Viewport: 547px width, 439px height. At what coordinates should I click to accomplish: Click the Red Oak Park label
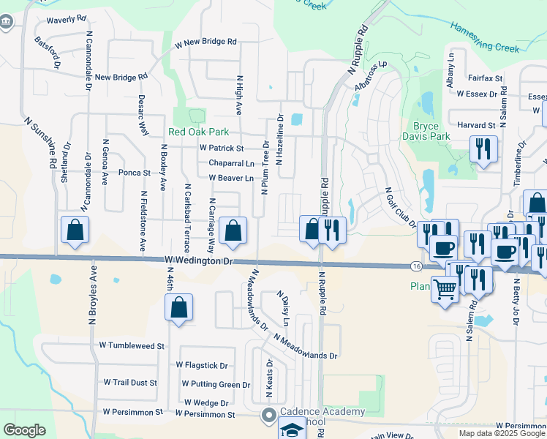click(199, 132)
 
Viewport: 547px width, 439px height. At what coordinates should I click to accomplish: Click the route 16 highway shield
click(415, 266)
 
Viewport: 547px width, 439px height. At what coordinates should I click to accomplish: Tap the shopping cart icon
click(445, 290)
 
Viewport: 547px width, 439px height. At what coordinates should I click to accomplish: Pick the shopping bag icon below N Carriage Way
click(233, 231)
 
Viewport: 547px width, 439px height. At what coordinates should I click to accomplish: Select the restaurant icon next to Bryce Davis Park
click(483, 149)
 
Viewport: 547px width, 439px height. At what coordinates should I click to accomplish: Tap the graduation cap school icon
click(292, 429)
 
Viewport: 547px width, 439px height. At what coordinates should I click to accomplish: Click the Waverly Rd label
click(67, 20)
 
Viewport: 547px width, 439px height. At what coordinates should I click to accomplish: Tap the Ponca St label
click(134, 173)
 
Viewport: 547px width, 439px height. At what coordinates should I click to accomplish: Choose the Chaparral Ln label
click(231, 162)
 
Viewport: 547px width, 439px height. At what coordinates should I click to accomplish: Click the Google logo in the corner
click(24, 430)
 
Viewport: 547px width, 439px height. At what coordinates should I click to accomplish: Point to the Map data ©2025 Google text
click(501, 433)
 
